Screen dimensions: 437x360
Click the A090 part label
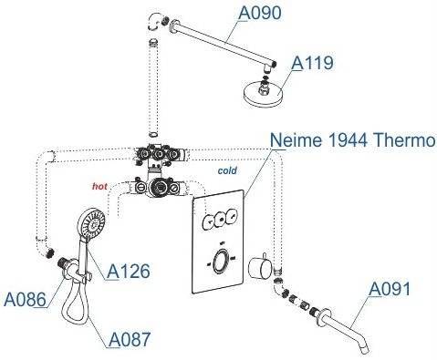pos(260,13)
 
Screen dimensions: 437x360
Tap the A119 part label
pos(312,63)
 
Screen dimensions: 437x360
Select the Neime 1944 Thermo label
pos(352,140)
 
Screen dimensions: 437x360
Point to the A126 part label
pos(129,271)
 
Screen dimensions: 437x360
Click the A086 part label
pos(25,299)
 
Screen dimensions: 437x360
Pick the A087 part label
pos(130,339)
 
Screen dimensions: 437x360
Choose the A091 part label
pos(390,289)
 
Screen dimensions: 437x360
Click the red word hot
pos(99,186)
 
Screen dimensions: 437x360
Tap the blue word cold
pos(227,170)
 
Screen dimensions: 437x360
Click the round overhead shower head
pos(264,95)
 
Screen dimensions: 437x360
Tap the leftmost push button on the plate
pos(208,221)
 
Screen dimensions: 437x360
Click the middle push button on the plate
pos(220,220)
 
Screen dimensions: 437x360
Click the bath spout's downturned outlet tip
pos(364,350)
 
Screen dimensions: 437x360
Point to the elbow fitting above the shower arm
pos(154,22)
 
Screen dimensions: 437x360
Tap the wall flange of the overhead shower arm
pos(174,26)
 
